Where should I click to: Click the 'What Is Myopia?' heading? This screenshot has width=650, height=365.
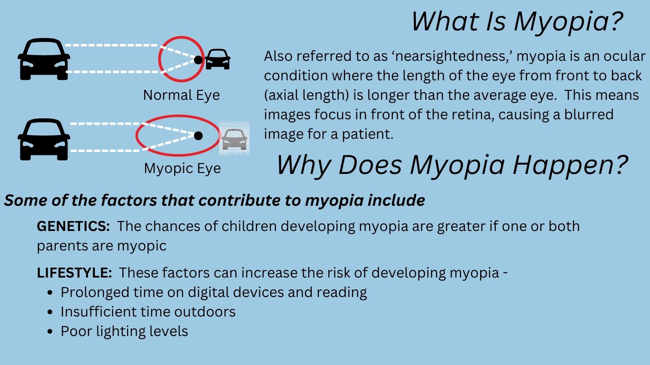[x=517, y=22]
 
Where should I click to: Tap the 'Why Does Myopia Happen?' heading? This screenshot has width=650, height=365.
[x=452, y=165]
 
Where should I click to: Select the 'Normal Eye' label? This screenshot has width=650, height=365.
[x=181, y=96]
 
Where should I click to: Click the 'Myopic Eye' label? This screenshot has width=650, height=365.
[x=182, y=168]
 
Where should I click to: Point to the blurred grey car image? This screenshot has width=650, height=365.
[x=234, y=138]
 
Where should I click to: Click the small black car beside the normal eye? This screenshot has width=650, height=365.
[x=217, y=59]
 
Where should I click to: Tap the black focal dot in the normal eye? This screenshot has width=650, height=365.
[x=198, y=60]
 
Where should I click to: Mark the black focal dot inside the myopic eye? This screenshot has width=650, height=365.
[x=198, y=135]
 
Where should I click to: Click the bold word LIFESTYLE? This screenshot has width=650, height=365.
[x=75, y=273]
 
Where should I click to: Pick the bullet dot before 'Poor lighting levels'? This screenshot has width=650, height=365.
[x=50, y=331]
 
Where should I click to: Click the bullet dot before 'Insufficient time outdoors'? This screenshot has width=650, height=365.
[x=50, y=312]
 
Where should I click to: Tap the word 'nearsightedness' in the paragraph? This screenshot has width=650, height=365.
[x=452, y=56]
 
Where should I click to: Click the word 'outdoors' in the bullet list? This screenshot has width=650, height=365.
[x=205, y=312]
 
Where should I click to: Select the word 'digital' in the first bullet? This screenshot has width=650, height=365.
[x=208, y=292]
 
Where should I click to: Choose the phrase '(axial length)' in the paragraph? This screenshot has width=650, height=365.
[x=306, y=96]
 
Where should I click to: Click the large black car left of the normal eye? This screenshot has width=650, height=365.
[x=44, y=59]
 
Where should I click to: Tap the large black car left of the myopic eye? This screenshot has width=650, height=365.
[x=44, y=139]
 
